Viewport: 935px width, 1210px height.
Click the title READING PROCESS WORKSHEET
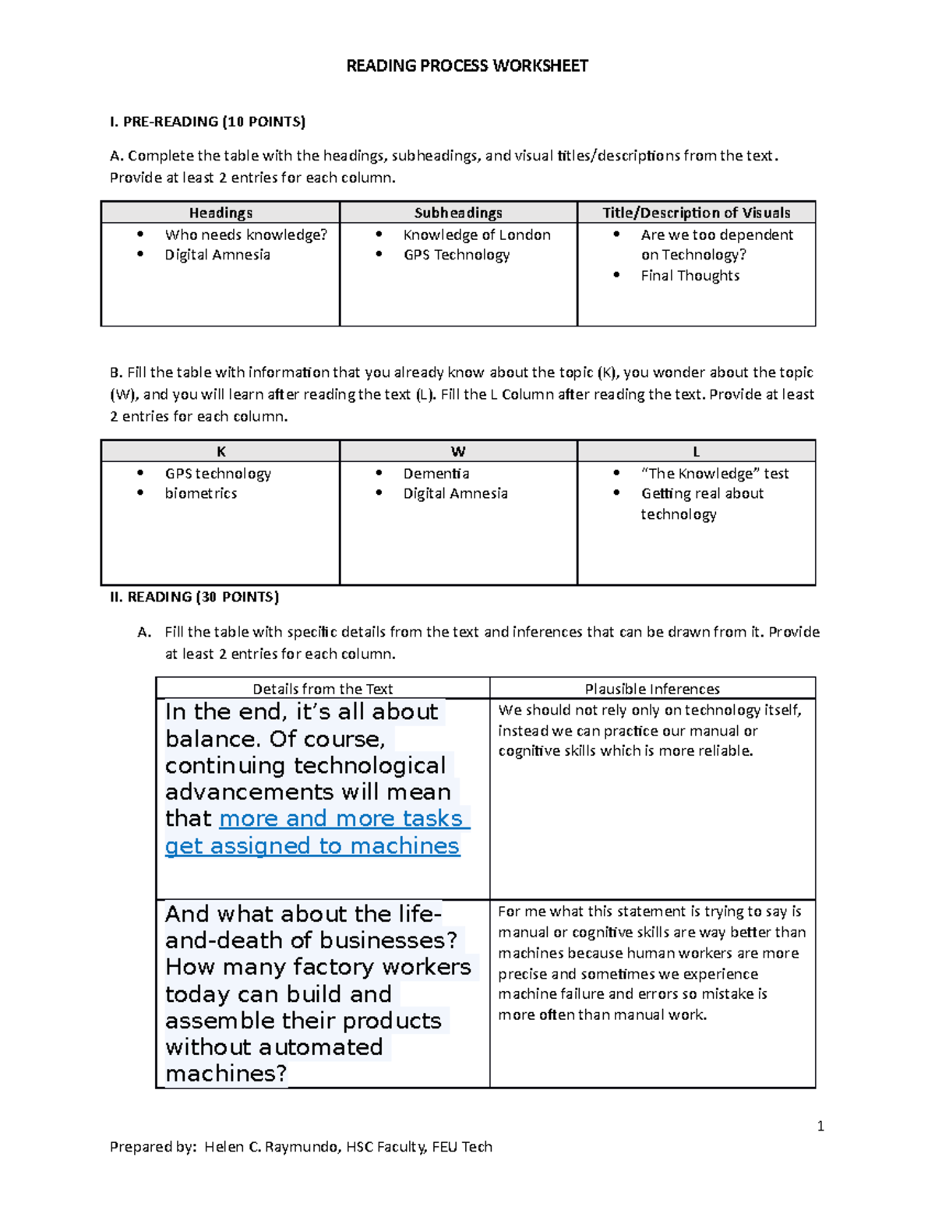(x=467, y=65)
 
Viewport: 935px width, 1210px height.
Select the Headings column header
(x=221, y=213)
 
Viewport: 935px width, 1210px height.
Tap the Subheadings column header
(x=458, y=213)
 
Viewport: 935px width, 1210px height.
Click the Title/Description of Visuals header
(x=696, y=213)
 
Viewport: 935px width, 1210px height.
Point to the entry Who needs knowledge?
(x=245, y=235)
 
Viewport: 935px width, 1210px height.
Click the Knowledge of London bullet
(x=476, y=235)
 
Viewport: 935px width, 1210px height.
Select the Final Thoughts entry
(x=690, y=275)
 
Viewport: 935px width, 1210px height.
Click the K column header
(x=221, y=451)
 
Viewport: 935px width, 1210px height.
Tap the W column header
(x=458, y=451)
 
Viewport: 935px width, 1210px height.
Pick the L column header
(x=696, y=451)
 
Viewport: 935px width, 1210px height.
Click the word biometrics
(x=201, y=493)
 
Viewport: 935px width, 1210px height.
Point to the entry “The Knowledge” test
(x=714, y=473)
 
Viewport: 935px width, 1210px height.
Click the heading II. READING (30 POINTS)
(x=194, y=597)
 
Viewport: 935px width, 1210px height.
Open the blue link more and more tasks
(x=341, y=818)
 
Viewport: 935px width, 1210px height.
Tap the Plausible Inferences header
(x=652, y=689)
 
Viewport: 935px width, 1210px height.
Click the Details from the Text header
(x=323, y=689)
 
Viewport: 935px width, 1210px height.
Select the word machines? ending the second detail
(x=226, y=1074)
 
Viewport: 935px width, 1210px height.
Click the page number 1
(x=820, y=1125)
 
